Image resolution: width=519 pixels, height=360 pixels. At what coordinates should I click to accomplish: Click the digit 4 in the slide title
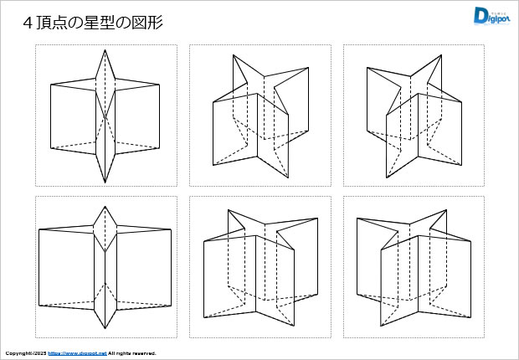pyautogui.click(x=28, y=23)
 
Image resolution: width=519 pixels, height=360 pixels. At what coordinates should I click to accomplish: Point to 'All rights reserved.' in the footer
pyautogui.click(x=132, y=353)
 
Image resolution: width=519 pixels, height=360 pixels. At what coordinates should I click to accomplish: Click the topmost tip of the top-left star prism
pyautogui.click(x=105, y=50)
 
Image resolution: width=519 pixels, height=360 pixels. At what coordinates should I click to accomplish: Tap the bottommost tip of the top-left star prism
pyautogui.click(x=105, y=182)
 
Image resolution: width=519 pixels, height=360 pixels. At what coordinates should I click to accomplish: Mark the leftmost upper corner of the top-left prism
pyautogui.click(x=51, y=85)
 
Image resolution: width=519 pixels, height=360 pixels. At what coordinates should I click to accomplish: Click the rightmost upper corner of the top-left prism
pyautogui.click(x=160, y=85)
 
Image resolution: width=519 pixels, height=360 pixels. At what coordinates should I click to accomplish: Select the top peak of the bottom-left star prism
pyautogui.click(x=105, y=204)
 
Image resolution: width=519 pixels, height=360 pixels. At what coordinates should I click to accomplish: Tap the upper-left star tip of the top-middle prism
pyautogui.click(x=233, y=54)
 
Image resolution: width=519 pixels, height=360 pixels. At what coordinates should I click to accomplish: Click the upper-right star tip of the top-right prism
pyautogui.click(x=440, y=55)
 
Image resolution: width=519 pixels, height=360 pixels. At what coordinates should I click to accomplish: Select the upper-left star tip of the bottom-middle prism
pyautogui.click(x=228, y=209)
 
